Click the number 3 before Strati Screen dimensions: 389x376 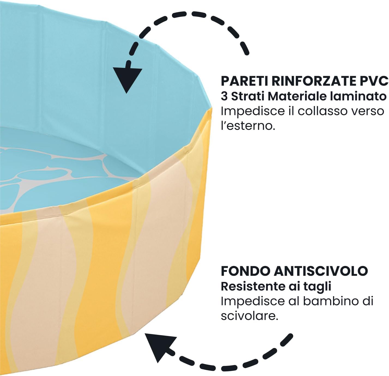(x=224, y=96)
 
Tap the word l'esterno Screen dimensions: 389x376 (x=248, y=126)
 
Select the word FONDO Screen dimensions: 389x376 (x=245, y=272)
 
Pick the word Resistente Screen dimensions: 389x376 (x=253, y=287)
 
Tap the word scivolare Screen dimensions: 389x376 (x=249, y=316)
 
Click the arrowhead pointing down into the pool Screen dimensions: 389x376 (x=127, y=79)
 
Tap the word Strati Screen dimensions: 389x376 (x=248, y=96)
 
